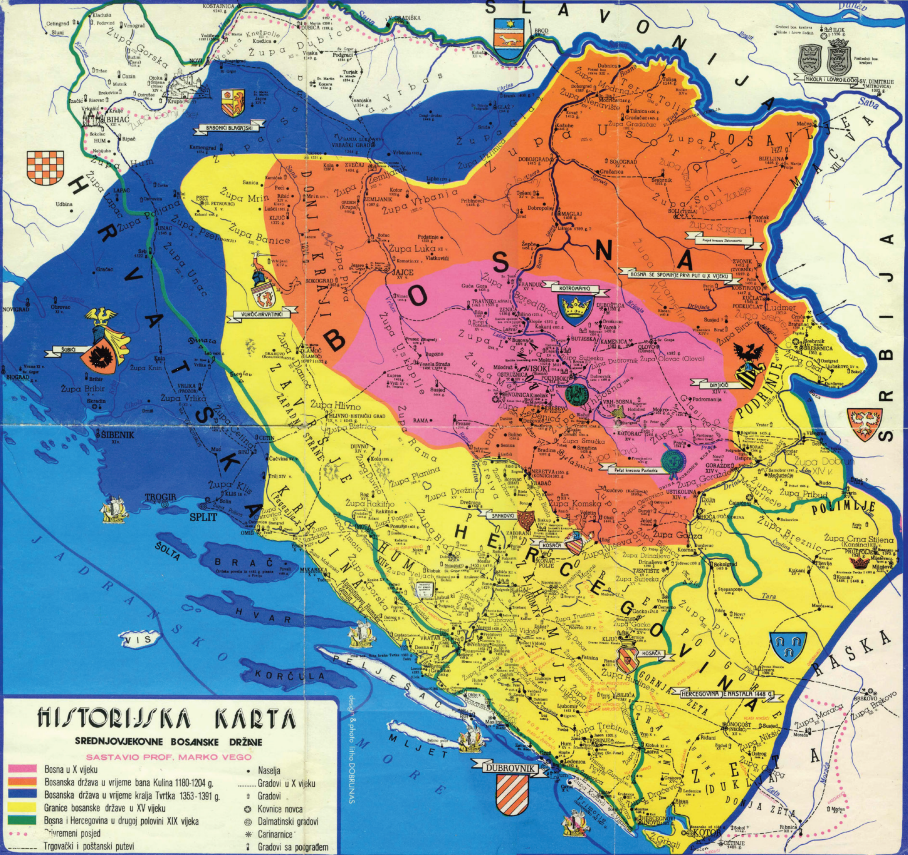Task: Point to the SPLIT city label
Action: [x=201, y=519]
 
